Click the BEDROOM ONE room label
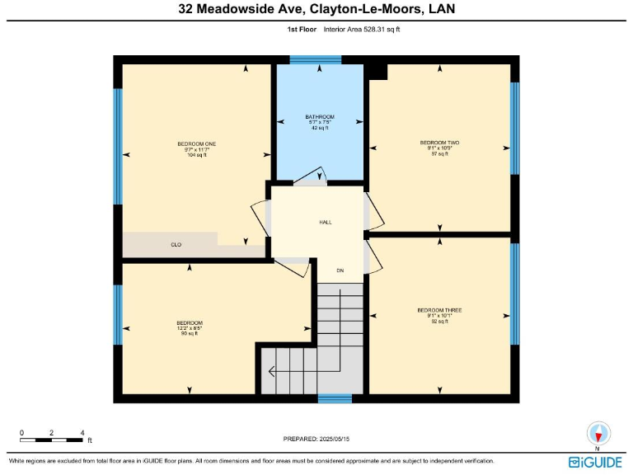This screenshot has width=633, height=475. pos(195,143)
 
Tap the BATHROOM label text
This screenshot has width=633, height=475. pos(320,116)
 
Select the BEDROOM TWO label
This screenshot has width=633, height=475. pos(439,143)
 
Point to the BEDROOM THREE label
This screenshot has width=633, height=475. pos(439,310)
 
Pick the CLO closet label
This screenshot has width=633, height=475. pos(176,245)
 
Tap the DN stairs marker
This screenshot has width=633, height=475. pos(340,270)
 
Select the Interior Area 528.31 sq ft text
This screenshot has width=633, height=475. pos(362,29)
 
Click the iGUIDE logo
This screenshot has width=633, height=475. pos(595,463)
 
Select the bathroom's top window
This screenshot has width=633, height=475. pos(316,59)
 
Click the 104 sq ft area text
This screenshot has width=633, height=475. pos(195,155)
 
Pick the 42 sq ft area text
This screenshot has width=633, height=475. pos(320,128)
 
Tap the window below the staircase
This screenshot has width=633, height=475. pos(335,399)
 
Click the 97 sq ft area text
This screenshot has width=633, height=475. pos(439,154)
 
